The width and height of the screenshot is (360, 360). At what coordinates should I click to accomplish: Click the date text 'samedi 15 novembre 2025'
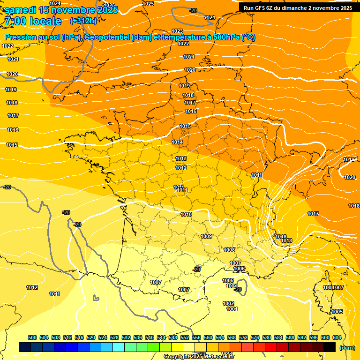point(61,10)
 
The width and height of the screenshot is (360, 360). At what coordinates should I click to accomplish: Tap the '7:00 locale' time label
point(34,21)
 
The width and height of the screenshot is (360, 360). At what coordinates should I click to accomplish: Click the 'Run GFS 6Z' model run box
point(298,7)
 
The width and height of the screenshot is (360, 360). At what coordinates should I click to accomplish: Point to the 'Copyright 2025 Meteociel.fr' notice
point(199,356)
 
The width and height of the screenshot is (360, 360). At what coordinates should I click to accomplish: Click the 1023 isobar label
point(177,31)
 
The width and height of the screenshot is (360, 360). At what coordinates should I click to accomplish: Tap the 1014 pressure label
point(177,142)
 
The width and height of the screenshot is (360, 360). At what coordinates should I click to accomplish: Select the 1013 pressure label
point(181,158)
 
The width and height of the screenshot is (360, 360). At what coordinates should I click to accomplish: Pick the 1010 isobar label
point(186,214)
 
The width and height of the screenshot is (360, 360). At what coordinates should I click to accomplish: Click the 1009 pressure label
point(206,236)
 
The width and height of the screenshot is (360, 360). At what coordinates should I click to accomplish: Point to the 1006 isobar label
point(239,269)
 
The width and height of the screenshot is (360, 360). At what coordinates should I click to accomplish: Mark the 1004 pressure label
point(231,286)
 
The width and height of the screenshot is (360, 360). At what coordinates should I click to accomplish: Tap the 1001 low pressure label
point(232,309)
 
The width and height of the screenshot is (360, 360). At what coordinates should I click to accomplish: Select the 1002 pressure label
point(228,303)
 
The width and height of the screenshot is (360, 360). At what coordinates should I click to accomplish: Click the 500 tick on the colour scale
point(32,337)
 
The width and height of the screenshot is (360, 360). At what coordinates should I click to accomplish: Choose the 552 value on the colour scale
point(184,337)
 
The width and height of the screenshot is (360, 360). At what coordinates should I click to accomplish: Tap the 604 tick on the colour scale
point(337,337)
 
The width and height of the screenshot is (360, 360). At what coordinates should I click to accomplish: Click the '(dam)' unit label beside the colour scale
point(347,348)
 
